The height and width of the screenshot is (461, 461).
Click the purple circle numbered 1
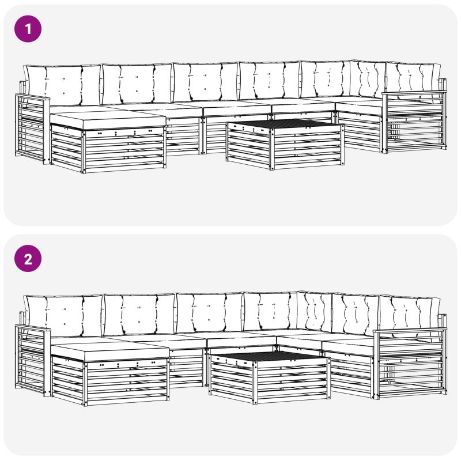point(28,29)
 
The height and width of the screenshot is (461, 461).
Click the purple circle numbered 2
point(28,259)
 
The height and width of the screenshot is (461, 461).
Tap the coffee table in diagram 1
point(285,144)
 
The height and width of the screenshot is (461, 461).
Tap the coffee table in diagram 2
point(269,377)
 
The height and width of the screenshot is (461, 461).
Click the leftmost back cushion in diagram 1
point(63,85)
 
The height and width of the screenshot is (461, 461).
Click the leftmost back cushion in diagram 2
point(63,316)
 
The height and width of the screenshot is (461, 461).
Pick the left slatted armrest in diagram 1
point(32,129)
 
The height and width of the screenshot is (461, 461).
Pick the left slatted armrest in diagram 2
point(33,361)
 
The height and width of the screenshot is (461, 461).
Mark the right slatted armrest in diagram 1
point(414,122)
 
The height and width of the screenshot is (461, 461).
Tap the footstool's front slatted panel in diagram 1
point(124,149)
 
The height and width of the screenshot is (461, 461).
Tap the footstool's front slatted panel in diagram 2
point(126,381)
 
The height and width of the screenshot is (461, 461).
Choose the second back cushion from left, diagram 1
point(137,84)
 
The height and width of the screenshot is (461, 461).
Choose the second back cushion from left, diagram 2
point(139,315)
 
